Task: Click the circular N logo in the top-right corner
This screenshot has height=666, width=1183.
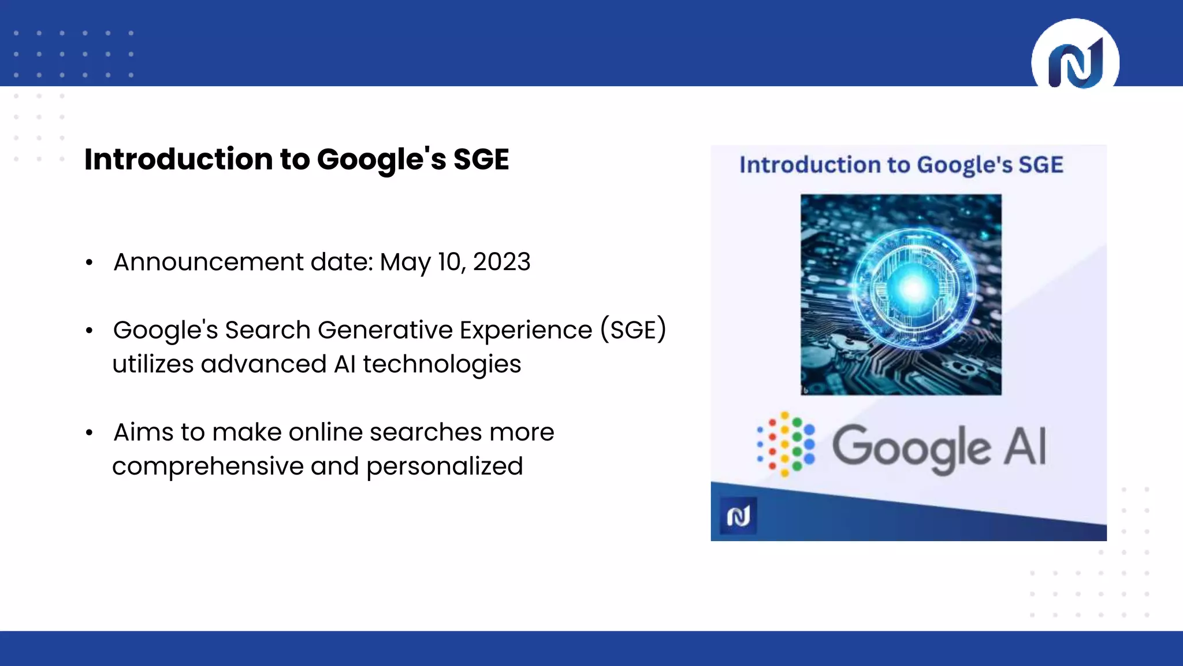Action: tap(1075, 61)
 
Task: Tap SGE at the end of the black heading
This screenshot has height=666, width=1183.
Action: tap(481, 160)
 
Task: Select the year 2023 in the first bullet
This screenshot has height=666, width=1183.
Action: tap(501, 262)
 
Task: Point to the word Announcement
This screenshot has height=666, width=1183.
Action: tap(209, 262)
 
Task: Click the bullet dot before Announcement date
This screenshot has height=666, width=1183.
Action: tap(89, 263)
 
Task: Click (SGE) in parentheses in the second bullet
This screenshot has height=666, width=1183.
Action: tap(633, 330)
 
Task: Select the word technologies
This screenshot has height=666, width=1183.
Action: tap(442, 364)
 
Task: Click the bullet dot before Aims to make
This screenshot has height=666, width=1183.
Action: tap(89, 433)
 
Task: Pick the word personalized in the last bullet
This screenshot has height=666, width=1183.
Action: tap(444, 467)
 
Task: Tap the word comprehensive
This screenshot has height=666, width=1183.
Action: tap(207, 467)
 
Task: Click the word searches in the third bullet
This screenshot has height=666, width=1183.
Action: tap(426, 432)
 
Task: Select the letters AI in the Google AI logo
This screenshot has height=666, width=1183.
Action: tap(1025, 446)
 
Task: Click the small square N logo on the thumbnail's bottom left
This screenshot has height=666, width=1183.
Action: tap(738, 516)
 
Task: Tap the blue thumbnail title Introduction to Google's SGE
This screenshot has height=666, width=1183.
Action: tap(901, 165)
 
